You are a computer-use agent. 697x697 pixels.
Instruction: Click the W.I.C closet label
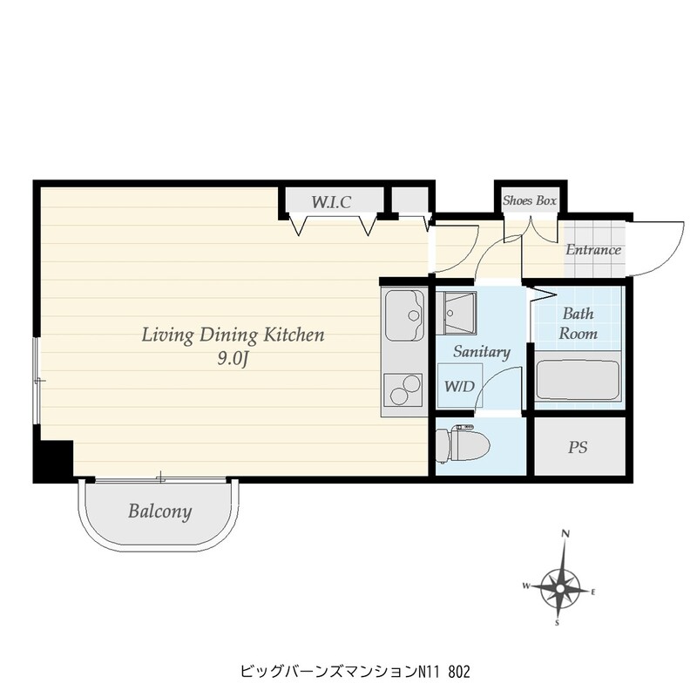[x=331, y=202]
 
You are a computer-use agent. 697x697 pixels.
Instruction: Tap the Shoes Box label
[x=530, y=201]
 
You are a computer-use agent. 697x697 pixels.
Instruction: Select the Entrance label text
[x=593, y=249]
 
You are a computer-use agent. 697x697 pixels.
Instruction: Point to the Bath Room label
[x=578, y=323]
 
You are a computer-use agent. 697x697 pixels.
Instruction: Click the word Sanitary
[x=482, y=352]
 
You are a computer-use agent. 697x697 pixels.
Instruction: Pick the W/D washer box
[x=460, y=385]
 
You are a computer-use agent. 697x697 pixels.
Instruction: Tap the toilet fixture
[x=463, y=444]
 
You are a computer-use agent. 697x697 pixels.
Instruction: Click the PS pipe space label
[x=578, y=447]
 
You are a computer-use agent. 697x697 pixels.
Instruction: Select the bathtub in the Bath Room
[x=578, y=379]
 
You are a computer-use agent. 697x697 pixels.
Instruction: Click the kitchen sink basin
[x=404, y=315]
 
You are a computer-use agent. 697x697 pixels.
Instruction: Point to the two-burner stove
[x=404, y=389]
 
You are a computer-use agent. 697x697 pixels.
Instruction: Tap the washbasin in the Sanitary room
[x=456, y=313]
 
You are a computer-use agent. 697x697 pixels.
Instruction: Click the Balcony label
[x=160, y=511]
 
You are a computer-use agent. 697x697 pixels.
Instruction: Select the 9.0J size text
[x=232, y=359]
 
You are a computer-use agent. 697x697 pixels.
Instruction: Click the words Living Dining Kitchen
[x=233, y=335]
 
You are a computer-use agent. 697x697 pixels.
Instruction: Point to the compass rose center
[x=560, y=589]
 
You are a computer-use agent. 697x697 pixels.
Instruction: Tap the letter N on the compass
[x=565, y=533]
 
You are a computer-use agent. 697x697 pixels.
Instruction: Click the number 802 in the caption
[x=459, y=672]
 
